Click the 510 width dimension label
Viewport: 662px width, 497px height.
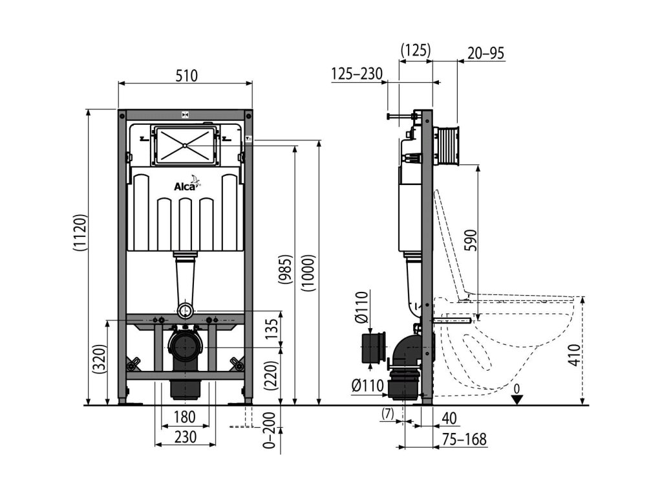pos(186,76)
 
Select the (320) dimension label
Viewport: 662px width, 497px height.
pos(99,357)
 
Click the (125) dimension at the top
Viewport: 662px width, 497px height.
pos(416,50)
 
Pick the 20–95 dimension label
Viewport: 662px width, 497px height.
pos(486,54)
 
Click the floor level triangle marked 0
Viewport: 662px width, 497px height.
pos(516,399)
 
